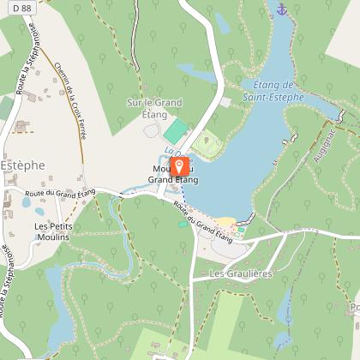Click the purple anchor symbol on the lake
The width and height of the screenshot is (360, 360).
coord(280,9)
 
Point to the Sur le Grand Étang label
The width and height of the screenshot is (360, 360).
coord(154,108)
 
